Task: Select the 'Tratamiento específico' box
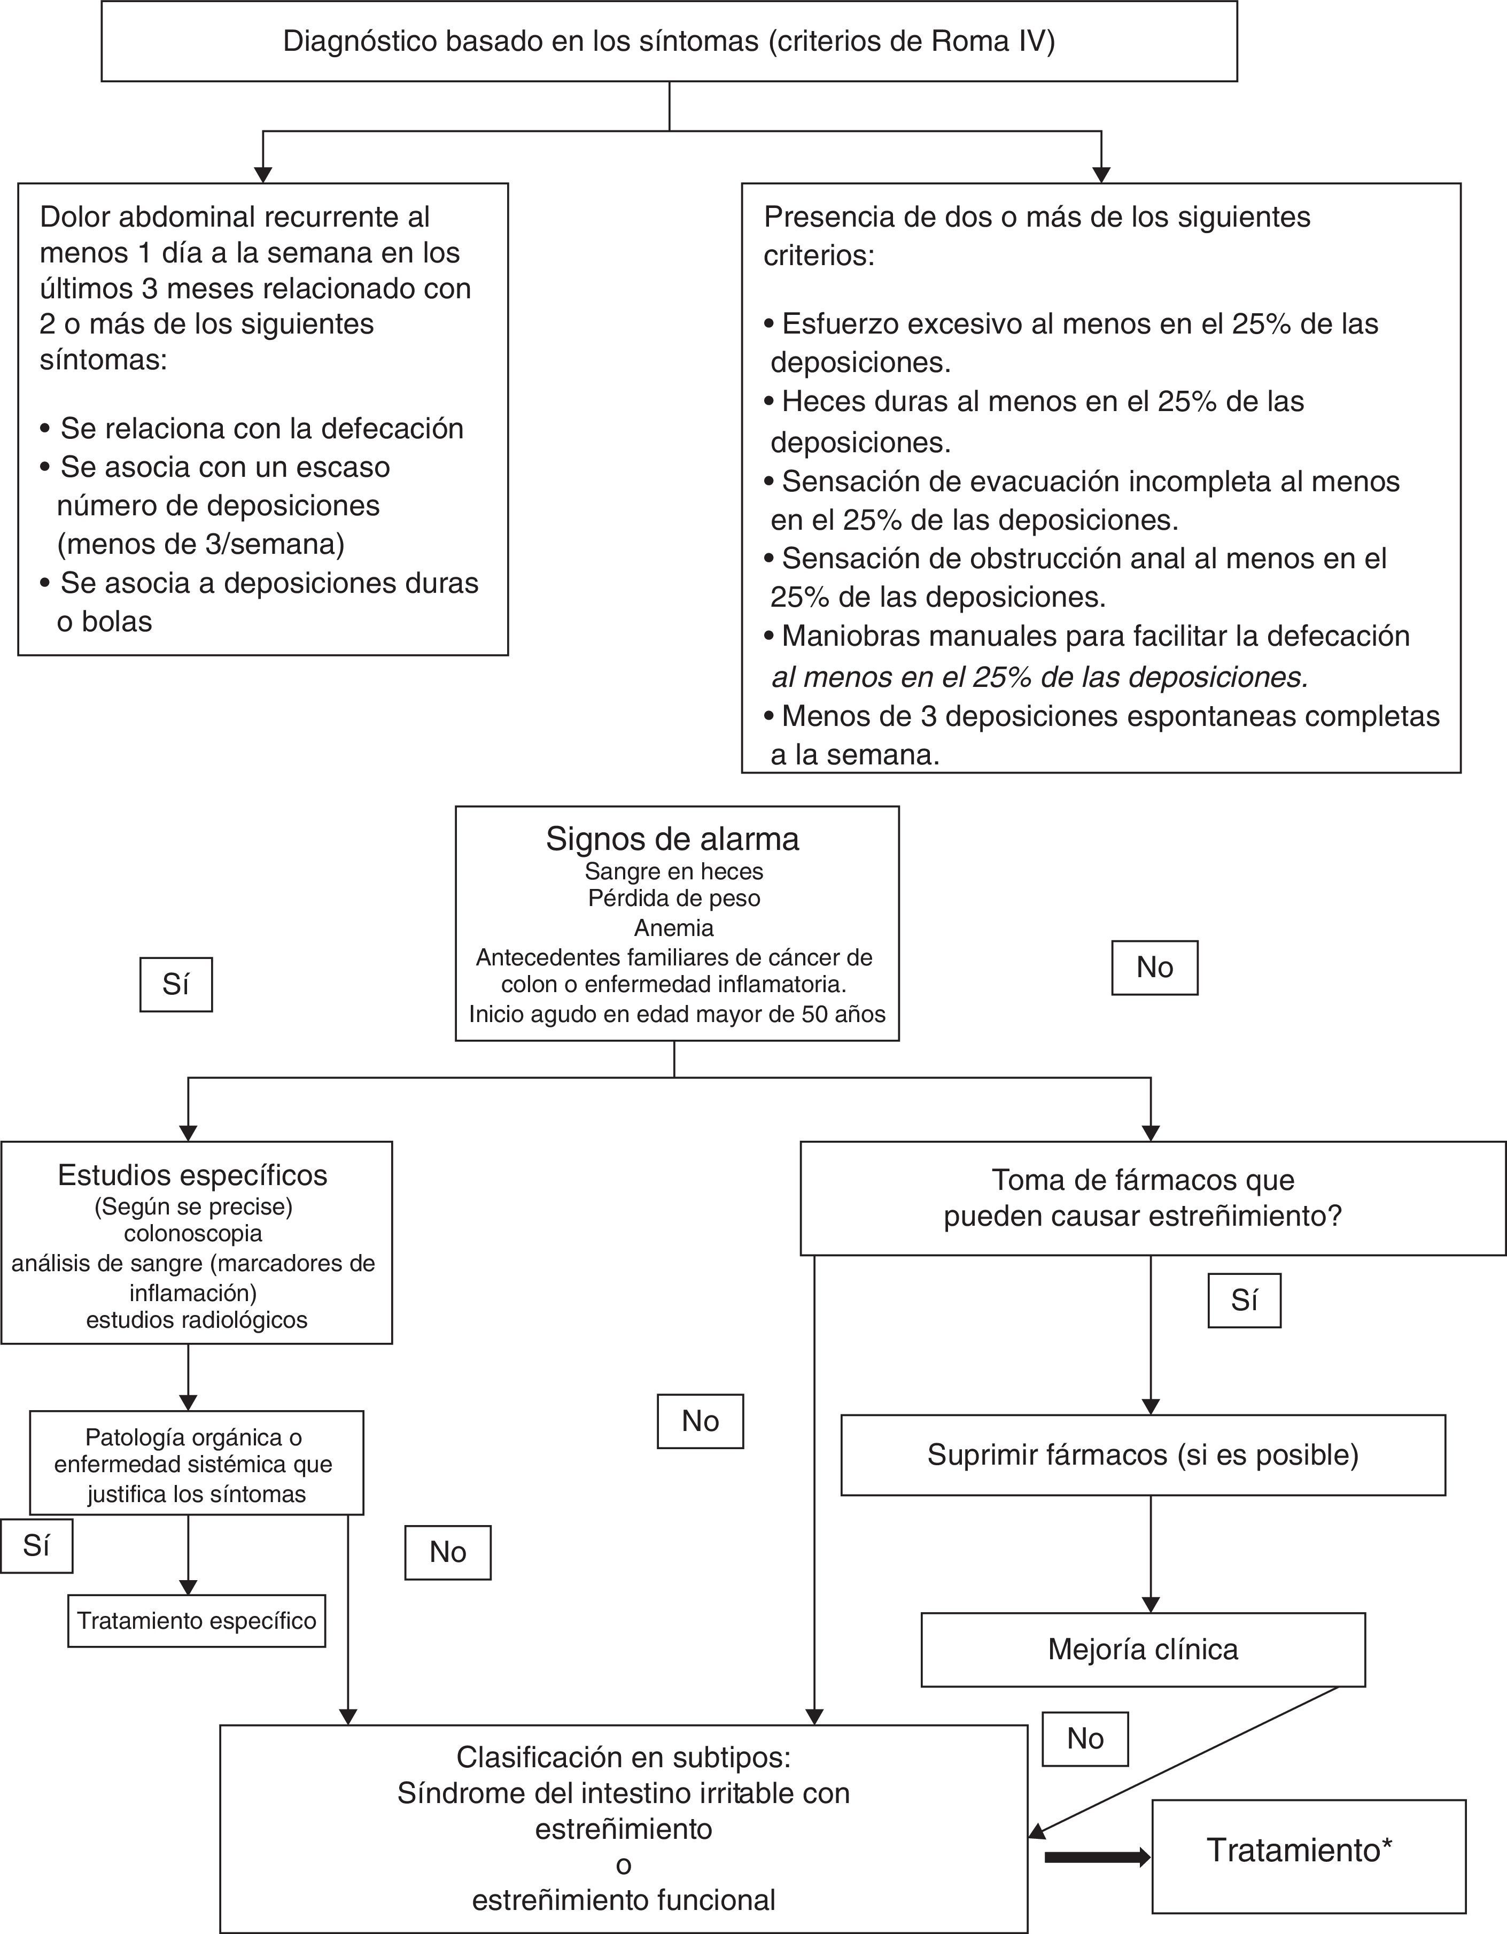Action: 197,1621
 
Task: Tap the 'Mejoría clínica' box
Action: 1142,1649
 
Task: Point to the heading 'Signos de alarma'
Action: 672,839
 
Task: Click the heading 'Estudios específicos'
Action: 192,1175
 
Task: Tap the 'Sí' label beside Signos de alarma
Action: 175,985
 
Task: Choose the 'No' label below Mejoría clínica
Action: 1085,1738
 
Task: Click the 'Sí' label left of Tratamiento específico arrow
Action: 36,1546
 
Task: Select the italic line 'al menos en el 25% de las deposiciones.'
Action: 1039,677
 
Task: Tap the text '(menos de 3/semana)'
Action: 200,544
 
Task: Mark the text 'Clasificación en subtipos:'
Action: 623,1757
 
